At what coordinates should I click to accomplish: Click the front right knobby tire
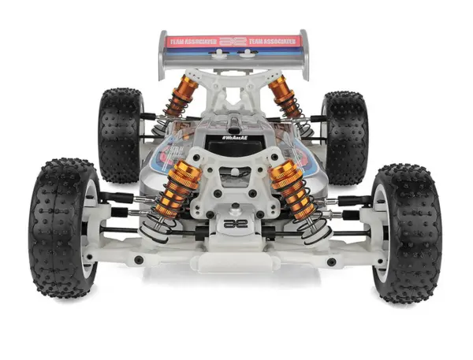coord(408,232)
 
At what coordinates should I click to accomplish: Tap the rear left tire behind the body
coord(120,134)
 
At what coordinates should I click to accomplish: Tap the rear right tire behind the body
coord(345,135)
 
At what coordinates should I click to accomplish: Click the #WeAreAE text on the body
coord(235,138)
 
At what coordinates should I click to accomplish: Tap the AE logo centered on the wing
coord(233,41)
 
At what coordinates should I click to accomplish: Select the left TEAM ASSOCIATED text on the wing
coord(192,41)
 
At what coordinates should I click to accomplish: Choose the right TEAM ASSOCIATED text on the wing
coord(274,41)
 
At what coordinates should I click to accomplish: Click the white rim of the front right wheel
coord(384,236)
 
